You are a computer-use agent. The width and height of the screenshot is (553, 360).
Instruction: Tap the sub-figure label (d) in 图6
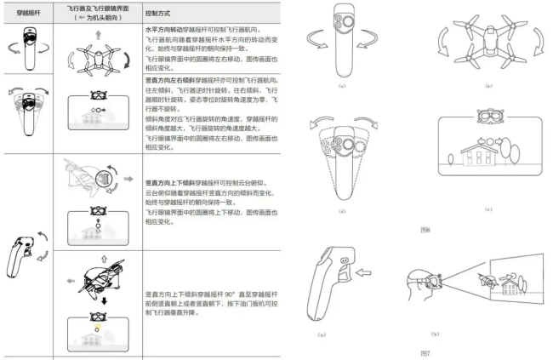tap(341, 210)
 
